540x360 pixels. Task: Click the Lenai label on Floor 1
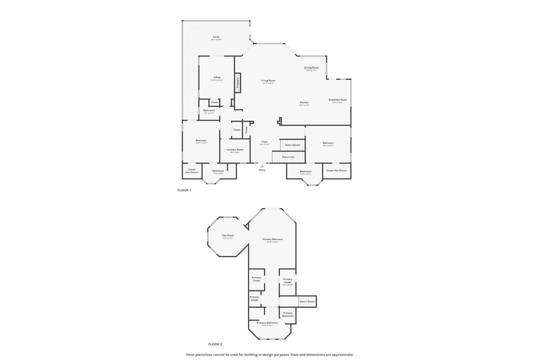coord(216,36)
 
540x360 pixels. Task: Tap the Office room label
coord(217,77)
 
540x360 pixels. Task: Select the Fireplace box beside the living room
coord(238,83)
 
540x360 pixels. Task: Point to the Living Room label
coord(268,80)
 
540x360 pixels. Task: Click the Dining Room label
coord(311,67)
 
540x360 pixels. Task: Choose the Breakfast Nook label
coord(337,99)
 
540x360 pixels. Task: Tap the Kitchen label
coord(304,102)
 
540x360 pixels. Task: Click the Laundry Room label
coord(234,149)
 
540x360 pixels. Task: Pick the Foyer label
coord(264,141)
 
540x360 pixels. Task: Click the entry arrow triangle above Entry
coord(262,166)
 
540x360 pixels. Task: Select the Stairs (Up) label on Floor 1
coord(288,157)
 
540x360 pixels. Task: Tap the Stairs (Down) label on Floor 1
coord(292,145)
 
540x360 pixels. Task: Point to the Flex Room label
coord(228,235)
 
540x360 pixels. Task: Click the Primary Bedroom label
coord(272,239)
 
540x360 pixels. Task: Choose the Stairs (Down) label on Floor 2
coord(307,301)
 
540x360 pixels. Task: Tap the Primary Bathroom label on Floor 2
coord(267,322)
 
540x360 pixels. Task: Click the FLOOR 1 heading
coord(184,190)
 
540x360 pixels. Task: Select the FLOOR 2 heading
coord(215,344)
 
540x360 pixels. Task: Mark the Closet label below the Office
coord(214,102)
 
